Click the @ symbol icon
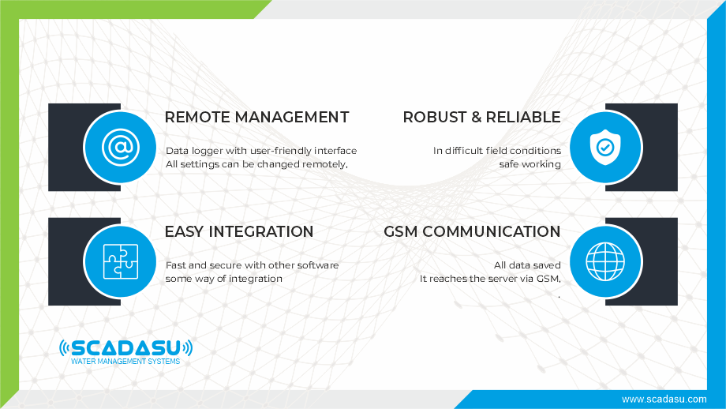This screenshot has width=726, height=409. coord(121,148)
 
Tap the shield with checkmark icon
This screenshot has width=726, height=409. coord(605,148)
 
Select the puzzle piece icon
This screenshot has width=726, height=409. coord(121,261)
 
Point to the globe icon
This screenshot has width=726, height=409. coord(605,261)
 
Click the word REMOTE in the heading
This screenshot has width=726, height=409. coord(198,117)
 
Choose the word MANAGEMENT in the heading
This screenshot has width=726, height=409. coord(292,117)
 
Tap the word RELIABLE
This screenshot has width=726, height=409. coord(523,117)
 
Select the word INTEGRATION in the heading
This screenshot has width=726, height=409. coord(261,231)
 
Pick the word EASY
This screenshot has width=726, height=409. coord(185,231)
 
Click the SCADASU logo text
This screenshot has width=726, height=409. coord(125,348)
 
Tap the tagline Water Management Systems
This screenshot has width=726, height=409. coord(125,362)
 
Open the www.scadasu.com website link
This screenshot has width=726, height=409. coord(664,400)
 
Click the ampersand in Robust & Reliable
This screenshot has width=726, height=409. coord(477,117)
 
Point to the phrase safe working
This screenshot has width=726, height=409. coord(530,164)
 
